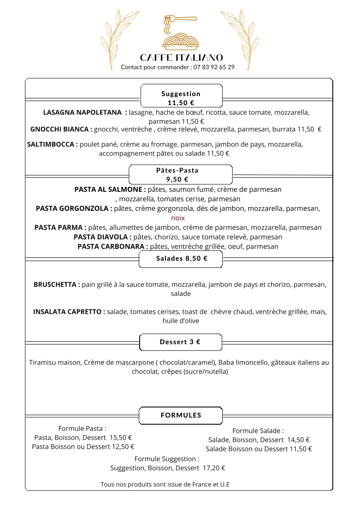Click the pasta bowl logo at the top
[180, 34]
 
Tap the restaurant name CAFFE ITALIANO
[181, 58]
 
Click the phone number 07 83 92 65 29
[214, 67]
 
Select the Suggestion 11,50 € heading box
[181, 96]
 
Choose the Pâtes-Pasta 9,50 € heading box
[180, 175]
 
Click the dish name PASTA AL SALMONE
[110, 189]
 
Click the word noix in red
[178, 218]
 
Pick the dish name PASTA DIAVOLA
[103, 237]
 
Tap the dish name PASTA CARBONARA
[113, 247]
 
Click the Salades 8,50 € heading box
[181, 259]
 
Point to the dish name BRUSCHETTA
[57, 285]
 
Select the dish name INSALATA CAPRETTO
[69, 312]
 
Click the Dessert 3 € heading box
[180, 342]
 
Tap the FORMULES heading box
[180, 415]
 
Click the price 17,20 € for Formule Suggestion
[214, 468]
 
